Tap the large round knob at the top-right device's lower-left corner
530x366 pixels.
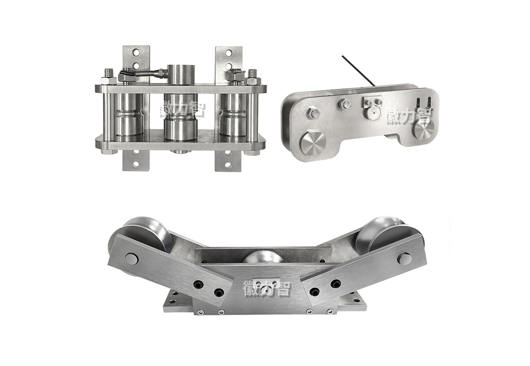[x=313, y=143]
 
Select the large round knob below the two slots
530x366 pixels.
[x=423, y=129]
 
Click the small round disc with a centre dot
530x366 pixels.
[x=372, y=112]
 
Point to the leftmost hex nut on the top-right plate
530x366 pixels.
[x=313, y=113]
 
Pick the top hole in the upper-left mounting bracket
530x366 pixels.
[x=136, y=53]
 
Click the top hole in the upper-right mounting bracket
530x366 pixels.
[x=229, y=53]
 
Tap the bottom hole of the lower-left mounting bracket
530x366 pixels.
[x=136, y=165]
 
